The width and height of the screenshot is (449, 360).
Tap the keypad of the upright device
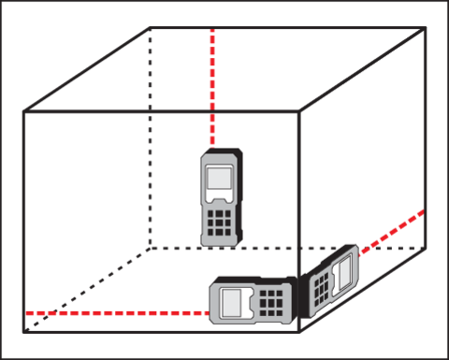click(221, 222)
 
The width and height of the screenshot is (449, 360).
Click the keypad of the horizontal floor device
click(272, 302)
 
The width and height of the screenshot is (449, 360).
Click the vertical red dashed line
click(212, 84)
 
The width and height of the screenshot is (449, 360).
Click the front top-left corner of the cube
click(23, 112)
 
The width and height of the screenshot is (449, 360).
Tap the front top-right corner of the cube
click(298, 112)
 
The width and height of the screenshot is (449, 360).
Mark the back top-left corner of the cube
click(150, 29)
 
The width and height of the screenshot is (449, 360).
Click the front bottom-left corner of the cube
click(23, 330)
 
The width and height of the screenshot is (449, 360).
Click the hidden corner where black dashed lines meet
click(150, 248)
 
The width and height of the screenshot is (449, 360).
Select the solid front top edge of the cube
click(159, 112)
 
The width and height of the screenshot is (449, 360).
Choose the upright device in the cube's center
click(221, 198)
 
